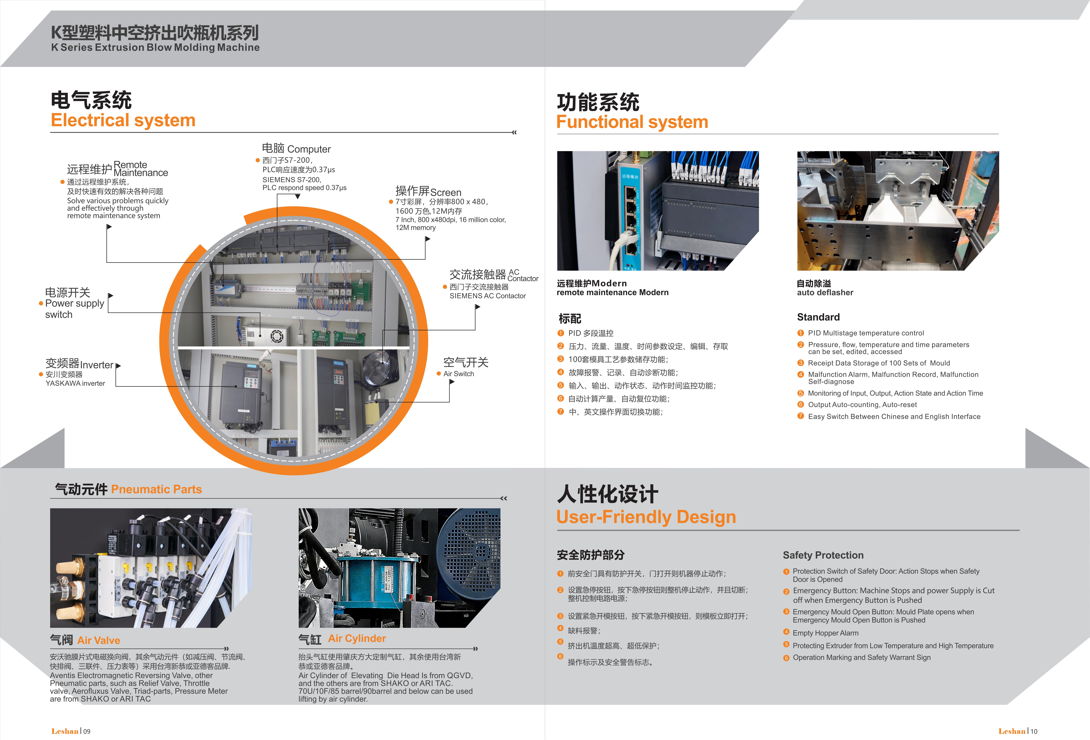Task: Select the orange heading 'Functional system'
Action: (x=632, y=122)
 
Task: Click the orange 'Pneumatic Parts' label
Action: (x=156, y=489)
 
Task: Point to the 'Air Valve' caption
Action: (x=98, y=641)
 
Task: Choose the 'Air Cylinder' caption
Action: (x=357, y=639)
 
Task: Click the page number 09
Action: (x=87, y=731)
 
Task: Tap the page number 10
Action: (x=1034, y=731)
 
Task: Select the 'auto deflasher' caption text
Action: (x=825, y=292)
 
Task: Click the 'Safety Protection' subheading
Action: (x=823, y=555)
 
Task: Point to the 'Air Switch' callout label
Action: (x=459, y=374)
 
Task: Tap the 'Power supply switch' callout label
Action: (x=75, y=309)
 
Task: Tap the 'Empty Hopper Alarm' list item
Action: (x=825, y=633)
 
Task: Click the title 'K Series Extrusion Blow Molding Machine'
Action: (x=155, y=47)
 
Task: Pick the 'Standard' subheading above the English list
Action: (x=818, y=317)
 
